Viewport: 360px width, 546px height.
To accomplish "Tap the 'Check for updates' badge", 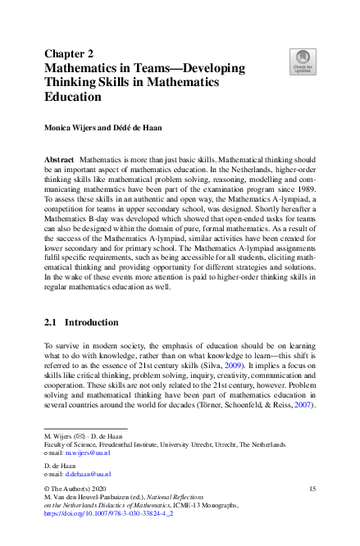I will coord(303,61).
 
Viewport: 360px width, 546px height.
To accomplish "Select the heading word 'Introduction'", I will coord(96,322).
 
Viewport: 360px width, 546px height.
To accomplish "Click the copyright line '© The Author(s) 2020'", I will coord(80,489).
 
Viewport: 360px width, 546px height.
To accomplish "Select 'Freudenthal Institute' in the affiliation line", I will coord(129,444).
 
